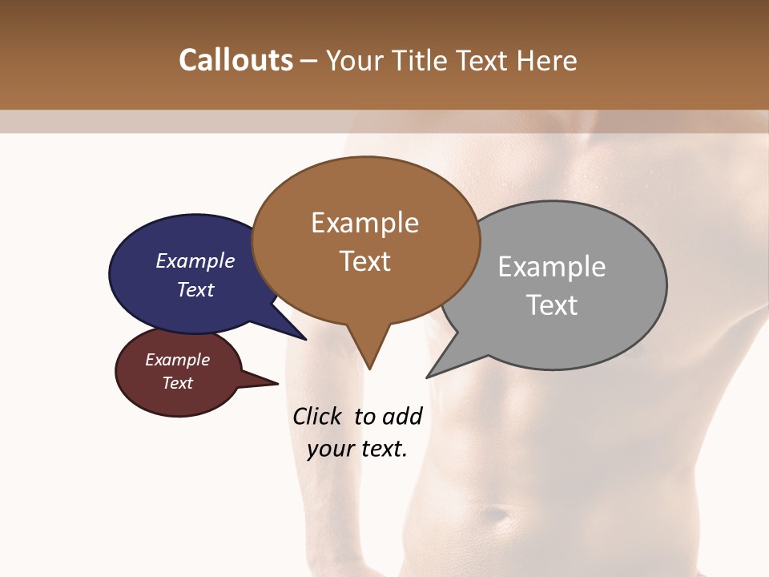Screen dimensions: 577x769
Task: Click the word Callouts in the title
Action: tap(236, 60)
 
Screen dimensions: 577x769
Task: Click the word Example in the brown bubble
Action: tap(364, 223)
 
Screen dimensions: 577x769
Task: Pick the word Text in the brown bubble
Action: tap(364, 261)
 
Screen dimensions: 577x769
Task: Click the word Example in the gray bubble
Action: tap(551, 267)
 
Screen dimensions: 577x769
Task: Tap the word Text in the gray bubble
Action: tap(552, 305)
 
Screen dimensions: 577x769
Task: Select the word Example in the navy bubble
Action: tap(195, 260)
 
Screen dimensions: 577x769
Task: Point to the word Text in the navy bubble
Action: tap(195, 289)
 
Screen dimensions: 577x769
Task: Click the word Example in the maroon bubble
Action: tap(177, 360)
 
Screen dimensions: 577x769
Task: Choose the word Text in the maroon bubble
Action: tap(177, 383)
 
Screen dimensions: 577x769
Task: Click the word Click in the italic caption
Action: tap(318, 416)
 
